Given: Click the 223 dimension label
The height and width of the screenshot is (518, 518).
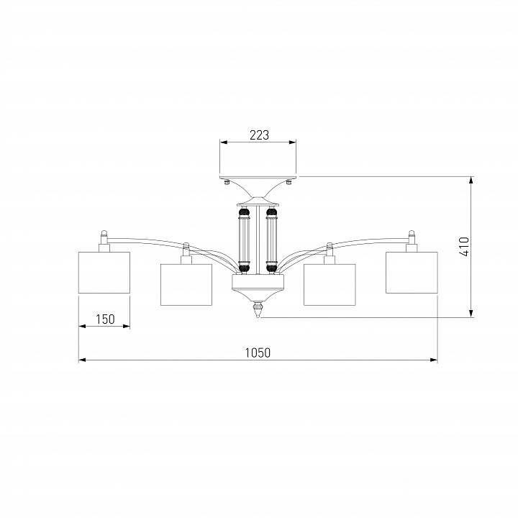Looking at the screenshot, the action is pyautogui.click(x=259, y=135).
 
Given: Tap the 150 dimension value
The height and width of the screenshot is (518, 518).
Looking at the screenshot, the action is pyautogui.click(x=105, y=319).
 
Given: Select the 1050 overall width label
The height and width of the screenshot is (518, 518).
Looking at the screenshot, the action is pyautogui.click(x=258, y=353).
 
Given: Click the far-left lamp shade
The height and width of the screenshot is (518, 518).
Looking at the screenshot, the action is pyautogui.click(x=104, y=273).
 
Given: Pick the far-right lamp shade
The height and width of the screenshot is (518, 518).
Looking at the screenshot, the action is pyautogui.click(x=412, y=273).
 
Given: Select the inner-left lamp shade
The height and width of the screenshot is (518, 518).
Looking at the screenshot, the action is pyautogui.click(x=186, y=284).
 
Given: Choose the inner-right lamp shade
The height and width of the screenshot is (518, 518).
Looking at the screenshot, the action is pyautogui.click(x=330, y=284).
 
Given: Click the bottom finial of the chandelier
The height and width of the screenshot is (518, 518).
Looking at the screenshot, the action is pyautogui.click(x=258, y=309).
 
